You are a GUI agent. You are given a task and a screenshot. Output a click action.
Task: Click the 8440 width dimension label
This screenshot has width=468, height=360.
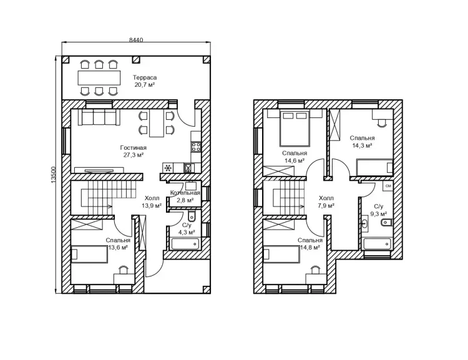click(136, 40)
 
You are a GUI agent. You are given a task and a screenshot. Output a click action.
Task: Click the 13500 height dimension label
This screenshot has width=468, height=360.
click(54, 175)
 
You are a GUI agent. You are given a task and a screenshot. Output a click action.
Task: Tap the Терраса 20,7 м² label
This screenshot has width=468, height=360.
click(145, 81)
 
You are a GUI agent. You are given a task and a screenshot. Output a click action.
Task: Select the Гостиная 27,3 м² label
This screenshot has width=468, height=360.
click(134, 151)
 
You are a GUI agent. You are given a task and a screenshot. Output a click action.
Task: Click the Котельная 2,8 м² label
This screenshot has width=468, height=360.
click(185, 197)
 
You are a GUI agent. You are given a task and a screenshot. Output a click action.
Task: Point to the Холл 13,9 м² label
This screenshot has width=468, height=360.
click(152, 202)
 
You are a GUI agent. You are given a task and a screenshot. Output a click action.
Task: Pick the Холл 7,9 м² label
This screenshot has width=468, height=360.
click(326, 202)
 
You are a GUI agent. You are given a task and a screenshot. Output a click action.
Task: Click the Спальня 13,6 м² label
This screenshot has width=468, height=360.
click(118, 243)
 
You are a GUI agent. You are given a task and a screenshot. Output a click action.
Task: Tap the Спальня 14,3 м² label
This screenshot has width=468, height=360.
click(362, 142)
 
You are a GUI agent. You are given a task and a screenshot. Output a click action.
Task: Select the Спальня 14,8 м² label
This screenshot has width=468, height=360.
click(310, 243)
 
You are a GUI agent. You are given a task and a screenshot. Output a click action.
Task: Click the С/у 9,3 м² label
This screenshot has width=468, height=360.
click(379, 210)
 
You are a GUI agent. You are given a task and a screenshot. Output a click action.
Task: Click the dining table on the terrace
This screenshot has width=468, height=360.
click(99, 78)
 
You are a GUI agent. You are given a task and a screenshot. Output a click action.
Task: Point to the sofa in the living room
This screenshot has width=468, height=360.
click(99, 117)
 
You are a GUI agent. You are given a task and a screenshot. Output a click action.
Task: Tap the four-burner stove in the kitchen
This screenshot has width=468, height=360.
click(196, 147)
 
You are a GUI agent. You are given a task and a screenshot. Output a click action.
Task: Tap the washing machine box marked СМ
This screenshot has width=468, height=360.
click(388, 186)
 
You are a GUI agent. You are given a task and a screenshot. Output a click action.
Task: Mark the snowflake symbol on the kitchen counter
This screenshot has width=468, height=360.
click(168, 168)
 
